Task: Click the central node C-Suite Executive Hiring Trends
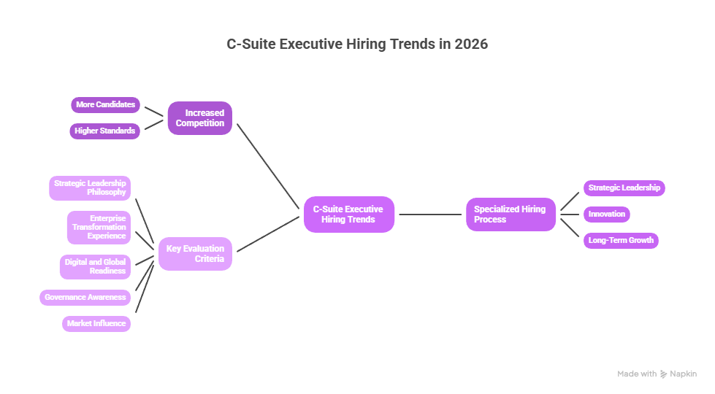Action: coord(349,215)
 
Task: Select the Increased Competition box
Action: coord(200,118)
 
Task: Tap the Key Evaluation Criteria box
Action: coord(195,254)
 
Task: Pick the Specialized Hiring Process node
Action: coord(511,215)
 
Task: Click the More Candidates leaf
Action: coord(105,105)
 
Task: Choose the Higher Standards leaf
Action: coord(105,131)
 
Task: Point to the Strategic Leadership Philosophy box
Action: coord(90,188)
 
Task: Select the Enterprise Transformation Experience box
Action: coord(99,228)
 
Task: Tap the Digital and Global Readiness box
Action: coord(95,267)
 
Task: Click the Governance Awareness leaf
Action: coord(85,298)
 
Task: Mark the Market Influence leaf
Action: coord(96,324)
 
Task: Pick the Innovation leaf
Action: coord(607,215)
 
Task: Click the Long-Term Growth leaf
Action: coord(621,241)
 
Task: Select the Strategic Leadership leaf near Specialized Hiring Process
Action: coord(624,188)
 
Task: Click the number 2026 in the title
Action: coord(470,44)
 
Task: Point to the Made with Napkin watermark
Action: coord(657,374)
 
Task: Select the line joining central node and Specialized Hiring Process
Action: coord(431,215)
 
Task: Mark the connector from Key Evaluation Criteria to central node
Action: coord(268,233)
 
